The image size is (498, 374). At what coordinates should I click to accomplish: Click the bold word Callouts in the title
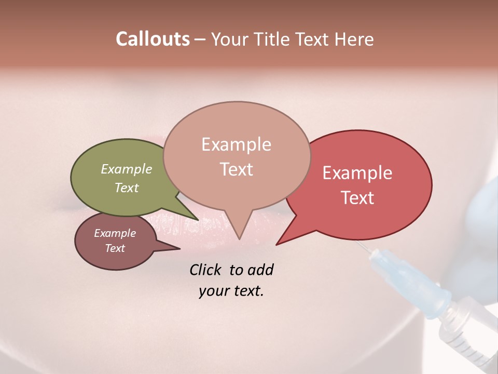pos(153,39)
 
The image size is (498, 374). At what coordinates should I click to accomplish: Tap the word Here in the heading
pos(354,39)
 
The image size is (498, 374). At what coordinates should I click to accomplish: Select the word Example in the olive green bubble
pos(127,169)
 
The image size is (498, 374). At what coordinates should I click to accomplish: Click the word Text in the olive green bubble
pos(127,188)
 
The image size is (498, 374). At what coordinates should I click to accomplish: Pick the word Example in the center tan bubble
pos(236,144)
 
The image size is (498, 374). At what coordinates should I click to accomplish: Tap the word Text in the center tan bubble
pos(236,169)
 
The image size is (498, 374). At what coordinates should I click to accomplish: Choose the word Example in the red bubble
pos(357,173)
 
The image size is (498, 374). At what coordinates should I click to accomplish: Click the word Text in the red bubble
pos(357,197)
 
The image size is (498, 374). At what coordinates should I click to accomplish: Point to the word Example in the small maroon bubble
pos(115,233)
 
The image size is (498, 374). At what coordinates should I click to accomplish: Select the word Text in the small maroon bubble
pos(115,248)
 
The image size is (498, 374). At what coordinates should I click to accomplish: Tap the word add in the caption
pos(260,270)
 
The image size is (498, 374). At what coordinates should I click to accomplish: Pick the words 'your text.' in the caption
pos(231,291)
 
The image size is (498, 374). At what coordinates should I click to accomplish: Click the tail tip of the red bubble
pos(278,244)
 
